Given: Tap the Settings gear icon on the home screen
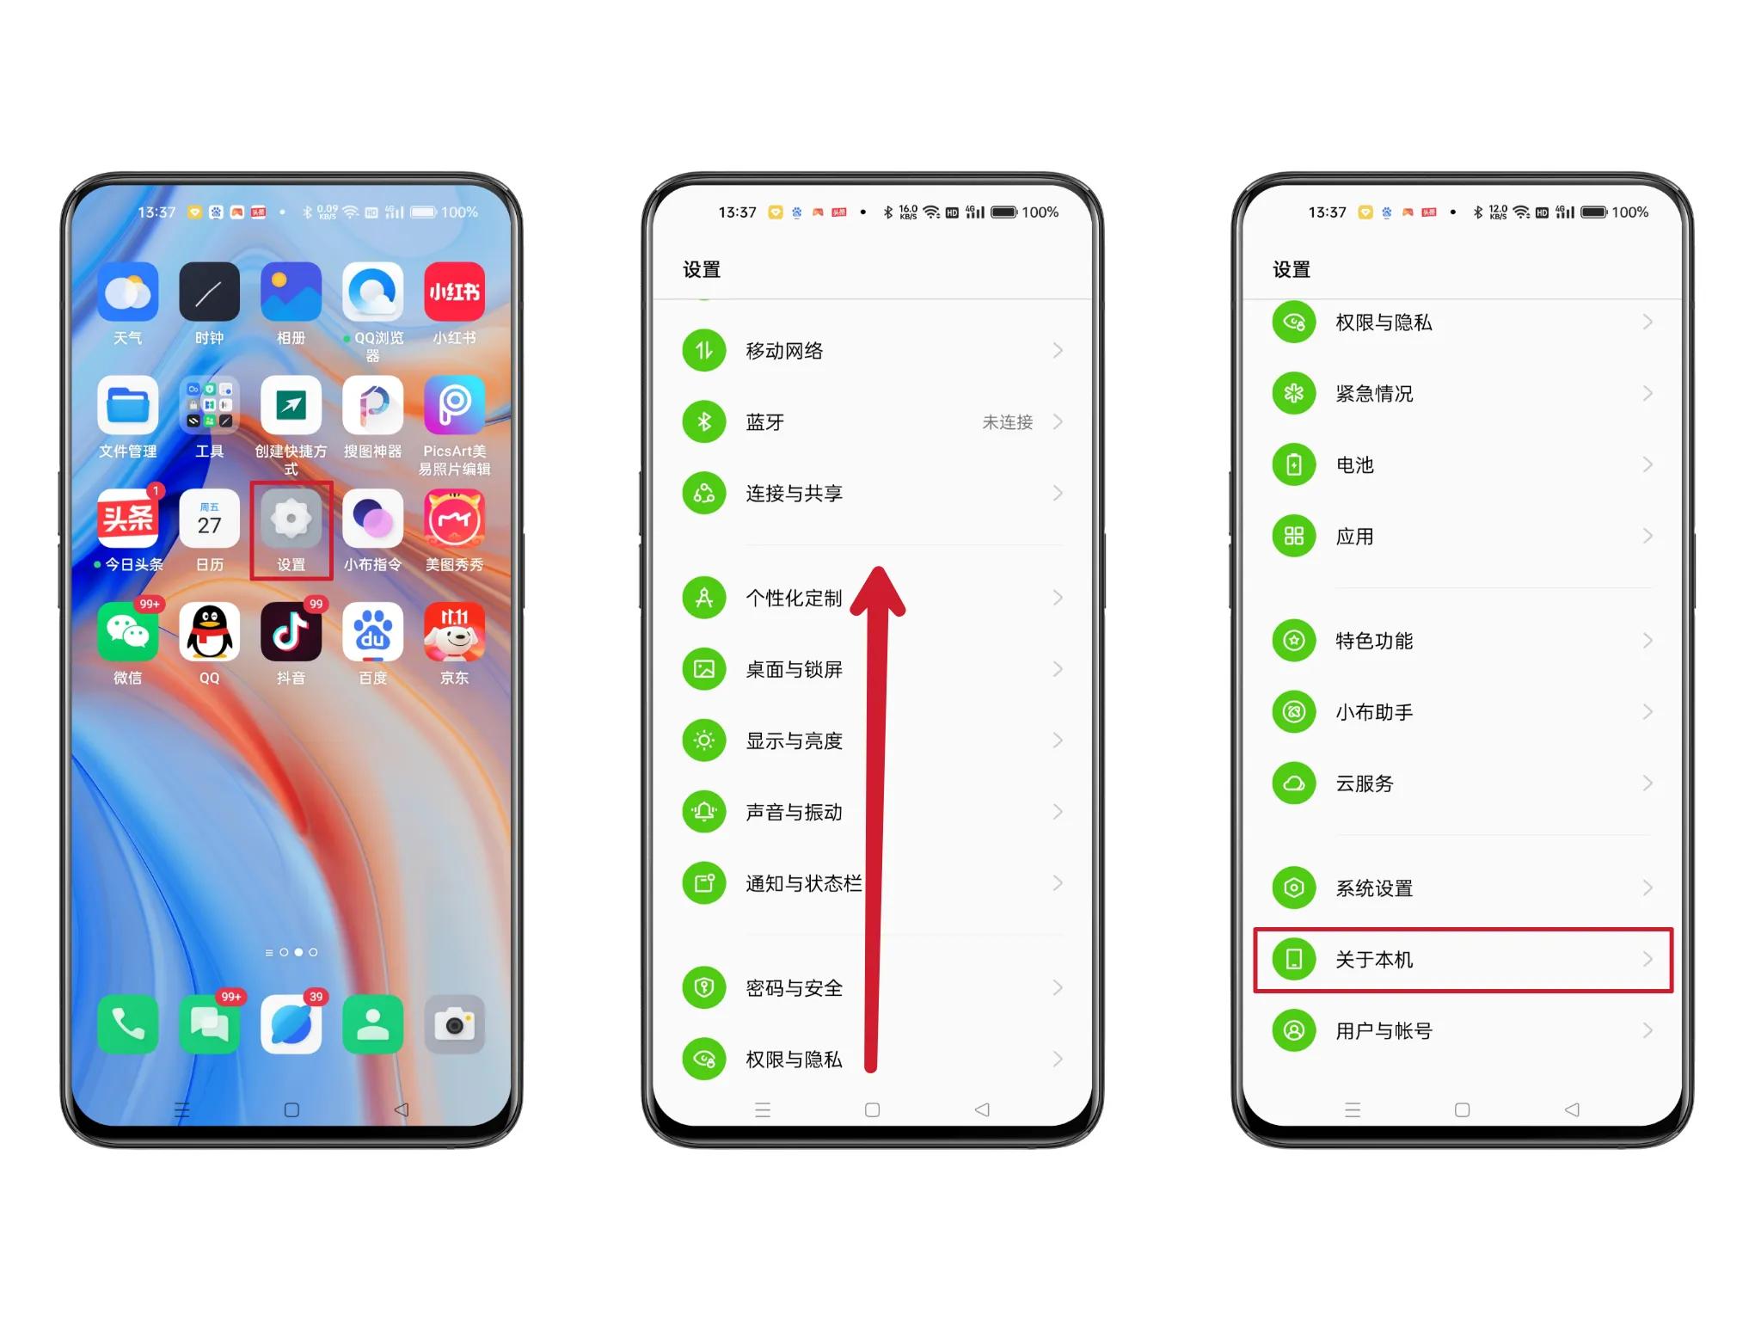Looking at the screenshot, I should click(291, 519).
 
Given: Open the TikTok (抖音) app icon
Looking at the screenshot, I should click(291, 633).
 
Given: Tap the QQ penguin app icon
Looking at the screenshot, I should click(209, 633).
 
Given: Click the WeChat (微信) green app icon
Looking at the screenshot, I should click(127, 633).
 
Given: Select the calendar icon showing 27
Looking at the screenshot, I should click(209, 519).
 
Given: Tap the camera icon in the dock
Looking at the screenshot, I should click(454, 1024).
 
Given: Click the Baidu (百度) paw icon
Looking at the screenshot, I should click(372, 633).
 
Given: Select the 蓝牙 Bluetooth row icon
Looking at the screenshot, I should click(704, 422).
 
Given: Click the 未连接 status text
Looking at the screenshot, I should click(1007, 422).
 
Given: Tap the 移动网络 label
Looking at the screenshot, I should click(784, 351).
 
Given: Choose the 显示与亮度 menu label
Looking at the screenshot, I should click(794, 740).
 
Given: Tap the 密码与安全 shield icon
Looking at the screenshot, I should click(704, 987).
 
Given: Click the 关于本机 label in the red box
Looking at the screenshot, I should click(1373, 960).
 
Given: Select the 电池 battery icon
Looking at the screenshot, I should click(1293, 465).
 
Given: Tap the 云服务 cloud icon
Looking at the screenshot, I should click(1293, 783).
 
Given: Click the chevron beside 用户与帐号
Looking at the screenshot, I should click(1647, 1030).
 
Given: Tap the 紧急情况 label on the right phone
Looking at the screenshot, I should click(1373, 394).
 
